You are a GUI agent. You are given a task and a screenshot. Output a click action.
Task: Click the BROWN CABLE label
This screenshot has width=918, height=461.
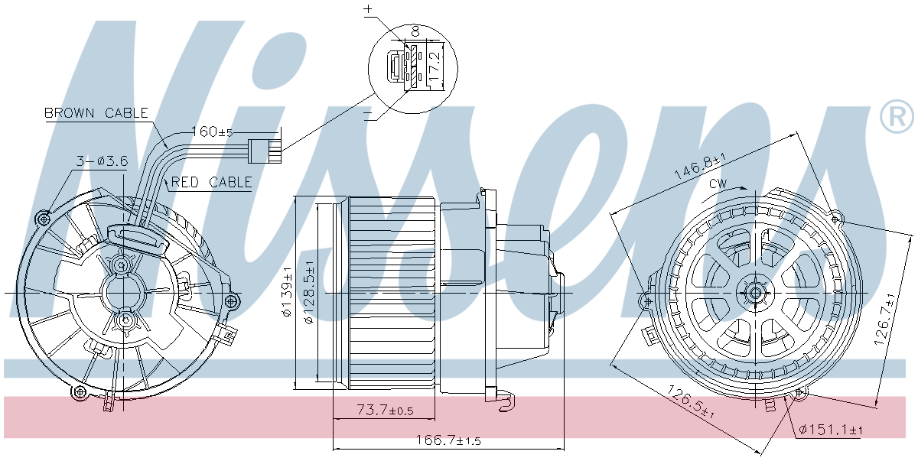pos(96,113)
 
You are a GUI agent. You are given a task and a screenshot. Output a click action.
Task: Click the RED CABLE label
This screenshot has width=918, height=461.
pos(211,182)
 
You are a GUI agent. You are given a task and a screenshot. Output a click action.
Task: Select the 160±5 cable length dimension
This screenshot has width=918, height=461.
pos(216,131)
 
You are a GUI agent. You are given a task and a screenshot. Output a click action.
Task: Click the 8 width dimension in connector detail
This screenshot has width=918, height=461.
pos(415,31)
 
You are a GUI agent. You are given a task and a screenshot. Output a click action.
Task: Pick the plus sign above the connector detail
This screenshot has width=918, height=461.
pos(368,9)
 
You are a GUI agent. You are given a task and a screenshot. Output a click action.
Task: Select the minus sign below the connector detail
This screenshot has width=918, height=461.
pos(368,115)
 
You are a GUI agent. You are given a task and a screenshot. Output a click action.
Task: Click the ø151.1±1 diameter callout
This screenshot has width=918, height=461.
pos(830,430)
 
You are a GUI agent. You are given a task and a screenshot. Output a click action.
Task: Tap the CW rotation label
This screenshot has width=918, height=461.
pos(718,184)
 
